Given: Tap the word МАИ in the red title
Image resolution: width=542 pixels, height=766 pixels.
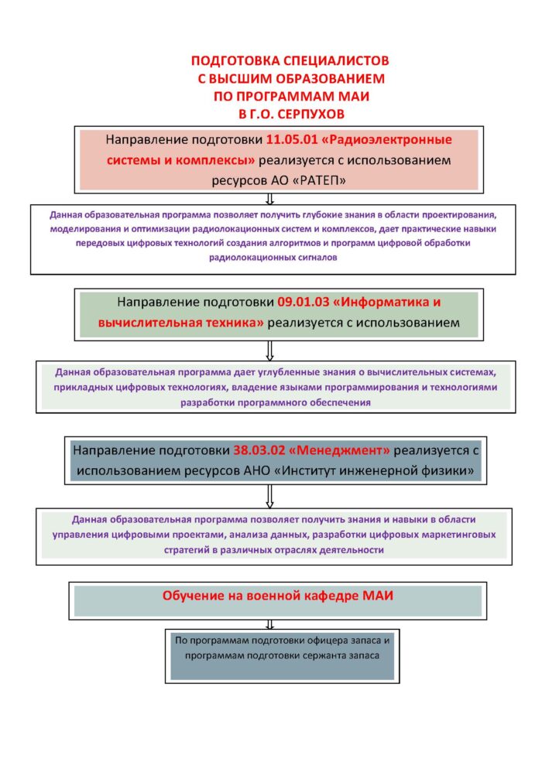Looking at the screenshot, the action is click(x=356, y=96).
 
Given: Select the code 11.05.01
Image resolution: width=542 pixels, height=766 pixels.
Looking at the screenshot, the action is click(x=290, y=140).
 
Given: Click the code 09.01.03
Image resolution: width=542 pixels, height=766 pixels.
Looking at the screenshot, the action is click(x=304, y=302).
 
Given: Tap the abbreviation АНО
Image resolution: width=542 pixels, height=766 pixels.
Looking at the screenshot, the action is click(x=256, y=471).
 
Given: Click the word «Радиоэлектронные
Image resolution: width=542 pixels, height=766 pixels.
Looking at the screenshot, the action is click(x=386, y=140).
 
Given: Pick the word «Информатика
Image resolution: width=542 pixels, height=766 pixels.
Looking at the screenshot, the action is click(x=381, y=302).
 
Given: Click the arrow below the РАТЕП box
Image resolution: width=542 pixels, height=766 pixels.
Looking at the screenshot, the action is click(x=269, y=199).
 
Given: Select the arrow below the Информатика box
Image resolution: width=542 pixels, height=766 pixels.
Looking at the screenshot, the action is click(x=269, y=351).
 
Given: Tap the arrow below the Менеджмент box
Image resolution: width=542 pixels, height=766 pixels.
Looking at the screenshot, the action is click(x=269, y=496).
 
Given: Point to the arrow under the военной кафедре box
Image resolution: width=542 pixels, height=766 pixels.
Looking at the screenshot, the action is click(x=269, y=625).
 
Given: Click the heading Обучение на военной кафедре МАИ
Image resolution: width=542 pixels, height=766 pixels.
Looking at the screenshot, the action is click(x=278, y=596).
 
